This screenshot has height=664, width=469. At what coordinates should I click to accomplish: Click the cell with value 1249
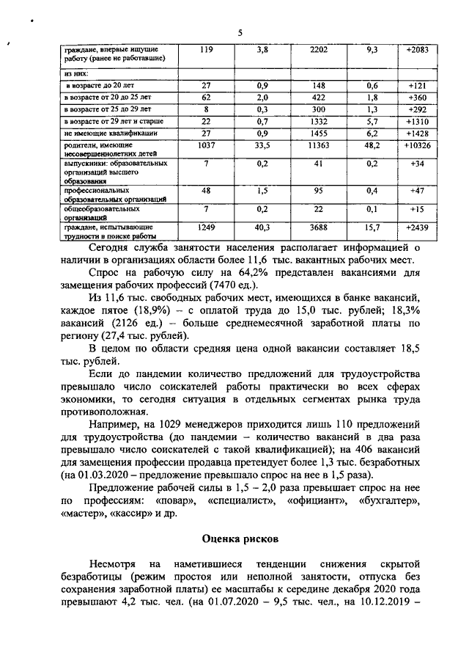[x=206, y=227]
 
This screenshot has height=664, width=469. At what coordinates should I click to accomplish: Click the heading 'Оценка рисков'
[x=240, y=539]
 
